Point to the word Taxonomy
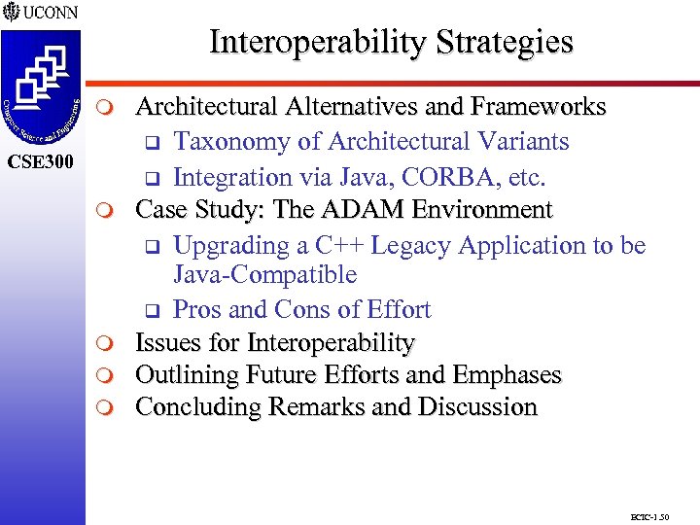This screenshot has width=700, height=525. point(232,142)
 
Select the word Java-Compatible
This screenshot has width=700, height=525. point(264,275)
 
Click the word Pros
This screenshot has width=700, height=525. point(197,310)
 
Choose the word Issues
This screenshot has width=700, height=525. point(164,343)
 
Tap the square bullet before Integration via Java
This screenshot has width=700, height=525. point(151,179)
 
